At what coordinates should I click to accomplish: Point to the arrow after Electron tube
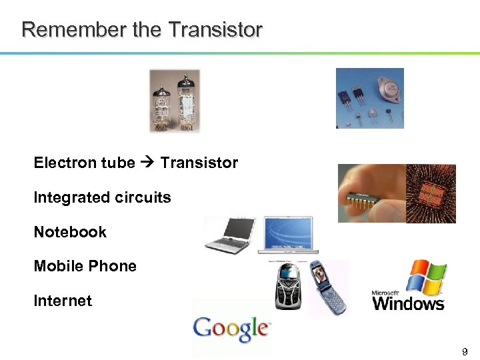pos(147,163)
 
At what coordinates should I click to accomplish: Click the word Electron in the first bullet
pos(61,163)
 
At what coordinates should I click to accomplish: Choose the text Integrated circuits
pos(102,197)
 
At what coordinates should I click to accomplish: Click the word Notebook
pos(70,232)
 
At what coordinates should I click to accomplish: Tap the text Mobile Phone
pos(85,266)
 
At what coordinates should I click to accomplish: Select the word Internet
pos(63,301)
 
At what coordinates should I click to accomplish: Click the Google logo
pos(231,328)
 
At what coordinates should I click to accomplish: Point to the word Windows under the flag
pos(408,304)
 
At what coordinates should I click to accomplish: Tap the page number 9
pos(465,351)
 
